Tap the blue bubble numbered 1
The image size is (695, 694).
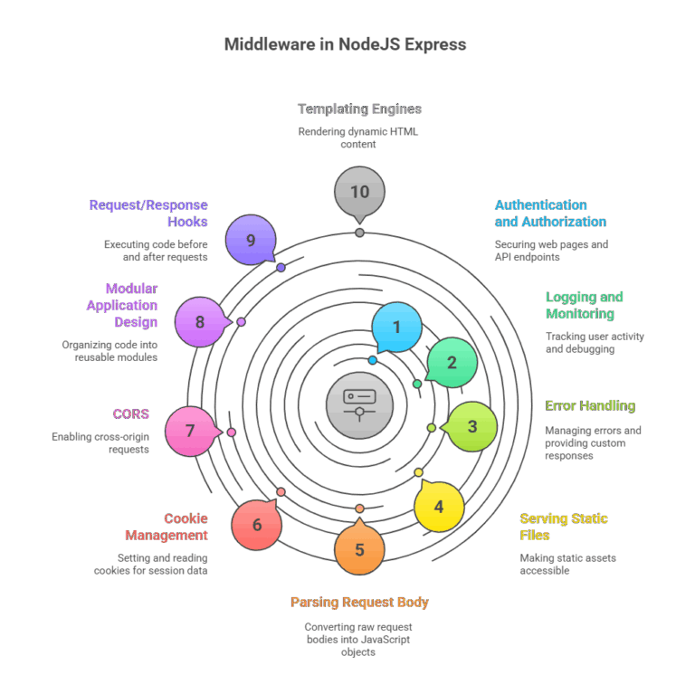point(396,328)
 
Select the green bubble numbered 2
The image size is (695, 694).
point(452,363)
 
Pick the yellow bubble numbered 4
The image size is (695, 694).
point(439,507)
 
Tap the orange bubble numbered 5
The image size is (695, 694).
point(359,549)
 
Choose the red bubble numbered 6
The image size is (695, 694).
point(257,525)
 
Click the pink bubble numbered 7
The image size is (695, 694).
point(191,431)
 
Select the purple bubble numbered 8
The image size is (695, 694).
point(200,322)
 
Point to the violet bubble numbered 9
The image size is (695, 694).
point(251,241)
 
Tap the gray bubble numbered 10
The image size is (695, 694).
point(359,192)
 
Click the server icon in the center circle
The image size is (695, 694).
point(359,401)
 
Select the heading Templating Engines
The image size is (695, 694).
point(359,109)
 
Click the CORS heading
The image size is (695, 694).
point(130,414)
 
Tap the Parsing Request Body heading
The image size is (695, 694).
point(359,602)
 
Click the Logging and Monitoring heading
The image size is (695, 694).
point(584,305)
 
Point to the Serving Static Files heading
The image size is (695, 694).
point(563,527)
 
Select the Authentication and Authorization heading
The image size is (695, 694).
point(549,213)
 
